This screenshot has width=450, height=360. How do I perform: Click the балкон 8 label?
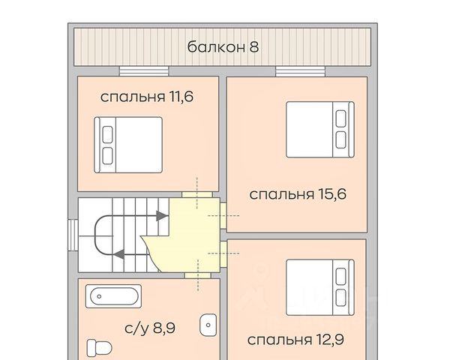click(x=223, y=46)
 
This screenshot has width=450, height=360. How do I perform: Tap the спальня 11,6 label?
click(x=147, y=97)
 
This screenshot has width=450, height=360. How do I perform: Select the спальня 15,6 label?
click(x=298, y=194)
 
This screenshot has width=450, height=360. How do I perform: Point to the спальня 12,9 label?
click(x=295, y=340)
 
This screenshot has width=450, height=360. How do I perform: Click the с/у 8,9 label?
click(x=150, y=328)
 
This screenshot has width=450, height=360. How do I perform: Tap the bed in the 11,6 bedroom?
click(x=128, y=145)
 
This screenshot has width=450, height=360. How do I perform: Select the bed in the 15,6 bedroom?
click(x=320, y=129)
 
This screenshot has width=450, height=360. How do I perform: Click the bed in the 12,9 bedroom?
click(x=320, y=288)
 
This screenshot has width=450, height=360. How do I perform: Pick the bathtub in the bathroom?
click(x=114, y=296)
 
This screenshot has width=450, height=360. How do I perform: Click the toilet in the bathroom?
click(x=99, y=348)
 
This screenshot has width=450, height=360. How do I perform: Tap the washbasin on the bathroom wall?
click(x=208, y=325)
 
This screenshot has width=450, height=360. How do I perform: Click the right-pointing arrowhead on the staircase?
click(x=162, y=216)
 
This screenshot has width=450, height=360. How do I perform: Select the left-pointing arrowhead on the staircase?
click(x=119, y=254)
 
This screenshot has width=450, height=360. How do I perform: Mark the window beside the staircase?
click(x=73, y=235)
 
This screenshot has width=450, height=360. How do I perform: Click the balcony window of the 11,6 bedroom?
click(x=144, y=71)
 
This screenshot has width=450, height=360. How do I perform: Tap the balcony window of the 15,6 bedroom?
click(x=300, y=71)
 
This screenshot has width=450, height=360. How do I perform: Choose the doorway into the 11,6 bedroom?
click(x=197, y=194)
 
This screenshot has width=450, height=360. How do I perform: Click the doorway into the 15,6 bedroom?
click(x=223, y=215)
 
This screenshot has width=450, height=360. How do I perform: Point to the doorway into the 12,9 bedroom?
click(x=223, y=254)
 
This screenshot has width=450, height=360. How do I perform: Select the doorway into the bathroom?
click(x=198, y=275)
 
